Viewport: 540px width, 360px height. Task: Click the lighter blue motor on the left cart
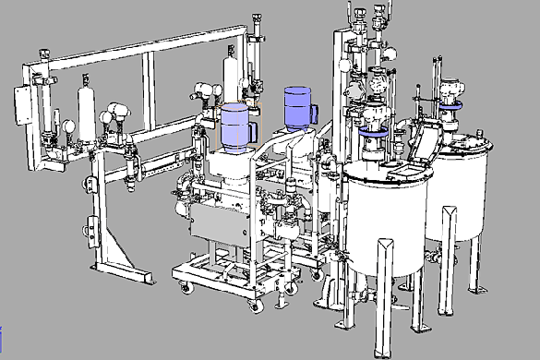pos(236,126)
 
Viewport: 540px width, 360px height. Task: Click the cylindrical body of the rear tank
pos(466,185)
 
